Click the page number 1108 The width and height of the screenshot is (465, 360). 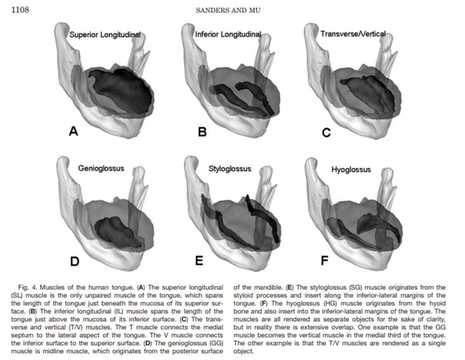coord(20,10)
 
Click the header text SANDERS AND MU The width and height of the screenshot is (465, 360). coord(228,10)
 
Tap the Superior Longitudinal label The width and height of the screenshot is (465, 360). coord(105,34)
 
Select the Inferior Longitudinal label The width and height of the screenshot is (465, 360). coord(228,34)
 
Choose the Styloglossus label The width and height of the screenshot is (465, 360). coord(230,169)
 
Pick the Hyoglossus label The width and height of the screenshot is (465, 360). coord(351,170)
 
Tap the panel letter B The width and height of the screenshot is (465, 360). coord(202,132)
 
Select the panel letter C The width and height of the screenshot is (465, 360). coord(326,133)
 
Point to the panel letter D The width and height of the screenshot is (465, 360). coord(74,261)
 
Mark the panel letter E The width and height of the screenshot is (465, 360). coord(199,261)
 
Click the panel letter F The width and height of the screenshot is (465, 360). coord(324,261)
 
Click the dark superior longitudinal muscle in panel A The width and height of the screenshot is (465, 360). coord(122,92)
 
